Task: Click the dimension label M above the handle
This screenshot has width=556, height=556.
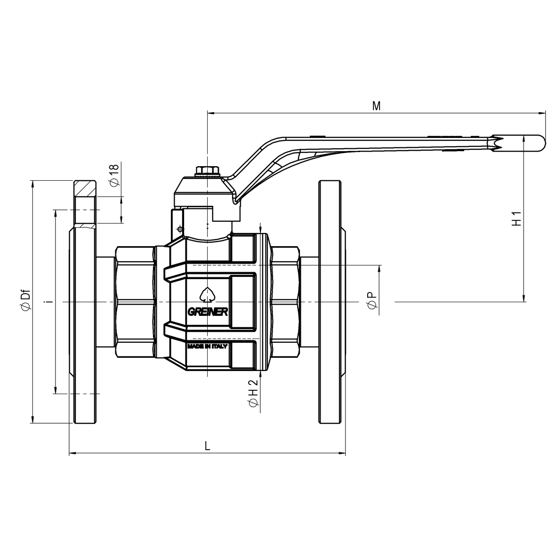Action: coord(376,105)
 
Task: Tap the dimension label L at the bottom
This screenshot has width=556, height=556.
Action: coord(207,445)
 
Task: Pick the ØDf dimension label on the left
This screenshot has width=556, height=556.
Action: coord(25,300)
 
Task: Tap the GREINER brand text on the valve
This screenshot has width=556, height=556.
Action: coord(208,312)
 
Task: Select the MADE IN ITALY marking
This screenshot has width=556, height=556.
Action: coord(208,346)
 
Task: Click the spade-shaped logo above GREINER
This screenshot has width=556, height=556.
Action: coord(207,295)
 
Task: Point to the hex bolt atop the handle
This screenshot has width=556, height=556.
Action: coord(207,170)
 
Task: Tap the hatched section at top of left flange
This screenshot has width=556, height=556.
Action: coord(85,188)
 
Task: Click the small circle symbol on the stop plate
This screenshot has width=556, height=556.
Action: coord(179,229)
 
